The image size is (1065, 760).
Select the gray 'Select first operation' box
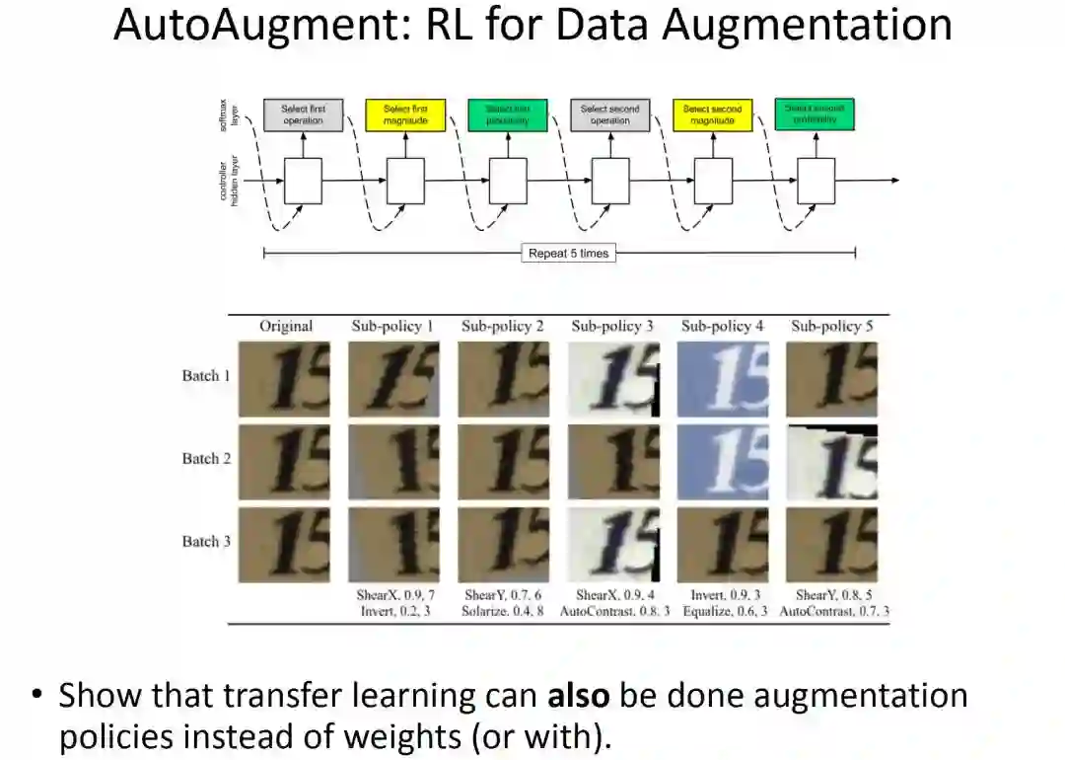tap(303, 114)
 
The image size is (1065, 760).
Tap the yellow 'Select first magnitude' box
tap(405, 114)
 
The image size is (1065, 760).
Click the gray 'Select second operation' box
tap(610, 114)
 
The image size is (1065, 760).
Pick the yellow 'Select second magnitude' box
tap(713, 114)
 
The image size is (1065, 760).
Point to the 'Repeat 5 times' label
tap(569, 254)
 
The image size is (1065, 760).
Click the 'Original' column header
tap(286, 326)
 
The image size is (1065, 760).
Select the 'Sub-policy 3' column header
tap(612, 326)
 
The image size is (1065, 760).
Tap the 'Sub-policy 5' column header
tap(831, 326)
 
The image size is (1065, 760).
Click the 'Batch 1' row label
tap(206, 376)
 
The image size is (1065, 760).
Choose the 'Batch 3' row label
tap(206, 541)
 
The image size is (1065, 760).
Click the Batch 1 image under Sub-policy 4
tap(722, 379)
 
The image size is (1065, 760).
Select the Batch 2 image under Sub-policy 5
tap(831, 462)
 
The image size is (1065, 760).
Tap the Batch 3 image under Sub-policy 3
tap(612, 545)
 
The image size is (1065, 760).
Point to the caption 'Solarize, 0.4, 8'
tap(503, 612)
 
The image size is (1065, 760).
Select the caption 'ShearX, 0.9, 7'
tap(393, 595)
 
